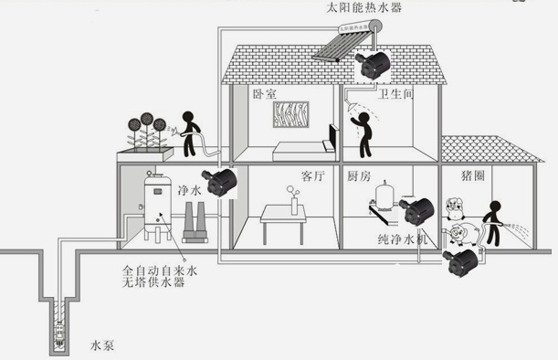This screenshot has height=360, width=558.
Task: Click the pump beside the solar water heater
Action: [372, 64]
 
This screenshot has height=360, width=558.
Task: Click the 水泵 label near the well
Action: [101, 345]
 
